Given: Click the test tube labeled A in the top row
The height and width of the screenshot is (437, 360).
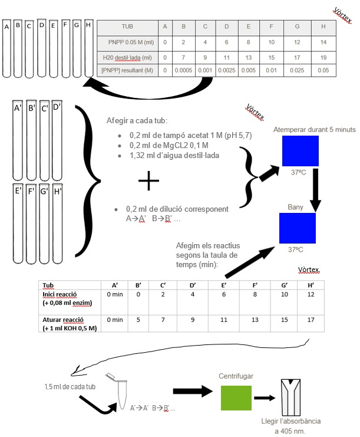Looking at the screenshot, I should [6, 50].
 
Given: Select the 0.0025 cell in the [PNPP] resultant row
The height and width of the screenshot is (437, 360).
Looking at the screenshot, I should [227, 70].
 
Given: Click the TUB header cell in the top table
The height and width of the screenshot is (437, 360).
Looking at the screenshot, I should [127, 27].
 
